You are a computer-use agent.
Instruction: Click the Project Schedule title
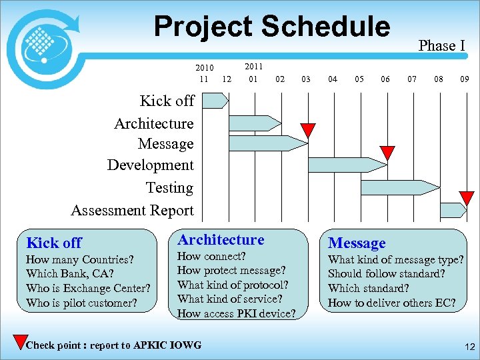pyautogui.click(x=271, y=27)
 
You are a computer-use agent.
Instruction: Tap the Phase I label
pyautogui.click(x=441, y=45)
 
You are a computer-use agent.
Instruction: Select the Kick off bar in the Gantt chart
pyautogui.click(x=215, y=101)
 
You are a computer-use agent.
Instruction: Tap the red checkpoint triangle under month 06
pyautogui.click(x=387, y=153)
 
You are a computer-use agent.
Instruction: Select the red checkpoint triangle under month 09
pyautogui.click(x=467, y=197)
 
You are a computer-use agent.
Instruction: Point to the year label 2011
pyautogui.click(x=253, y=67)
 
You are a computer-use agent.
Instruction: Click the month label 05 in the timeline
pyautogui.click(x=359, y=79)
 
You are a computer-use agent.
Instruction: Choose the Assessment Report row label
pyautogui.click(x=132, y=211)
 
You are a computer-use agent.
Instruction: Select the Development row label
pyautogui.click(x=150, y=165)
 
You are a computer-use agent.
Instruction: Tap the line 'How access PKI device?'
pyautogui.click(x=236, y=313)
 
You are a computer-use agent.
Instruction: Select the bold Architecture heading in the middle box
pyautogui.click(x=221, y=240)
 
